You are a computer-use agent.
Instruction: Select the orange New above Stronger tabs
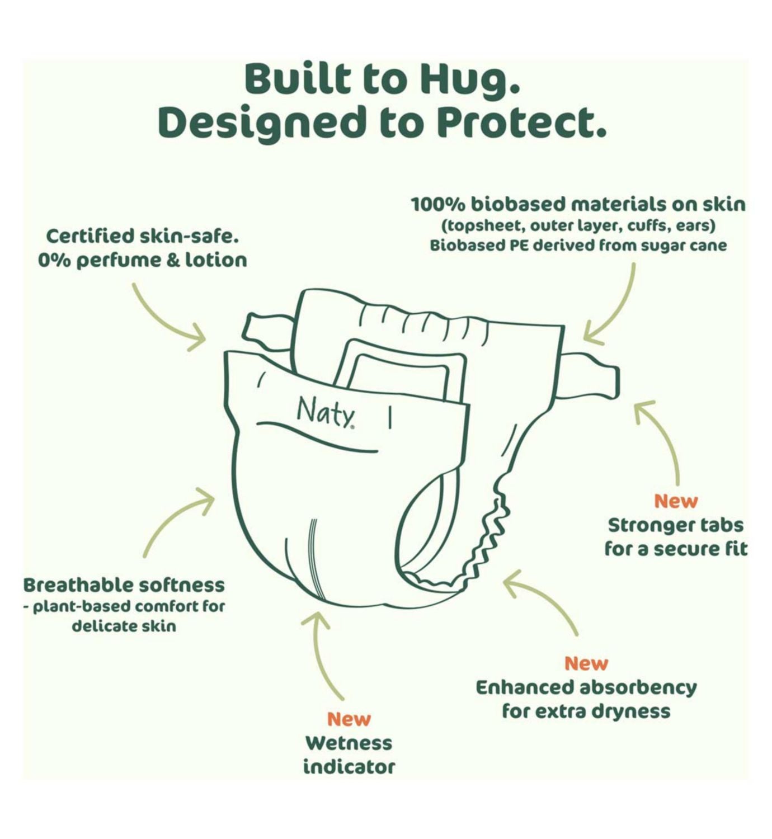coord(676,501)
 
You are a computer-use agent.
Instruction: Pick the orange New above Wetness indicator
coord(349,719)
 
